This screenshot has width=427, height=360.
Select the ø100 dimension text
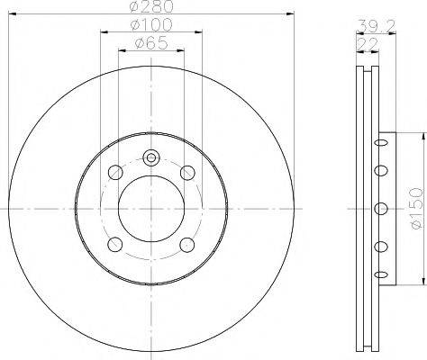[150, 26]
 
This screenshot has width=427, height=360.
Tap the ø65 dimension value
[150, 42]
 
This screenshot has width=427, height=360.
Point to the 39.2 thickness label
[364, 27]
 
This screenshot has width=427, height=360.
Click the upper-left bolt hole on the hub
[114, 173]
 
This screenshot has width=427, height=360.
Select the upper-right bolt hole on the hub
[187, 173]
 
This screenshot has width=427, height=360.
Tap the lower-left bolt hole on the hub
[114, 244]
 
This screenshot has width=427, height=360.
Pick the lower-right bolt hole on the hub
[187, 244]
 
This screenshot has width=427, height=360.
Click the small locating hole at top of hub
[151, 158]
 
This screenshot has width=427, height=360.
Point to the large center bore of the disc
[151, 208]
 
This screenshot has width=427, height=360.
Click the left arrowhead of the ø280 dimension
[11, 14]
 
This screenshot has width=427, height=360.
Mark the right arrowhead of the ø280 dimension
[291, 14]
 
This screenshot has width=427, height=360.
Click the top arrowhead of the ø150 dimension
[420, 136]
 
